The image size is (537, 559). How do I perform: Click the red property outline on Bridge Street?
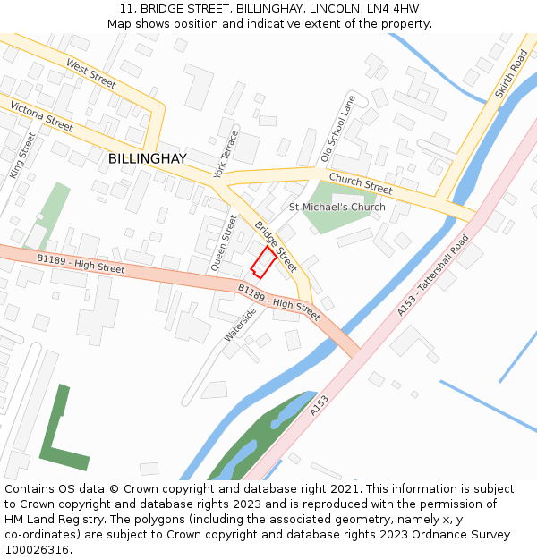(262, 262)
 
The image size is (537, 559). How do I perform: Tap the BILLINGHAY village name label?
(148, 158)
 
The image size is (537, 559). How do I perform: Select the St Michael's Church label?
(337, 208)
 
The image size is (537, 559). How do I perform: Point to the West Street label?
(90, 74)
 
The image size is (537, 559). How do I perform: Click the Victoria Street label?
(41, 117)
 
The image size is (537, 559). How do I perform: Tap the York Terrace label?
(226, 154)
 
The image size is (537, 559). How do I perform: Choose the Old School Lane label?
(338, 129)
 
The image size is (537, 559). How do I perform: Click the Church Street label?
(361, 182)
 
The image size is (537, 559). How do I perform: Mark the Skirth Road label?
(511, 74)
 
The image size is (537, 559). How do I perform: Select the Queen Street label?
(224, 242)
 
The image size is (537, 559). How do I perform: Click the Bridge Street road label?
(276, 246)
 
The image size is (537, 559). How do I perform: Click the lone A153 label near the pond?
(320, 406)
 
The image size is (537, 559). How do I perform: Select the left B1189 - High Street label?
(81, 263)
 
